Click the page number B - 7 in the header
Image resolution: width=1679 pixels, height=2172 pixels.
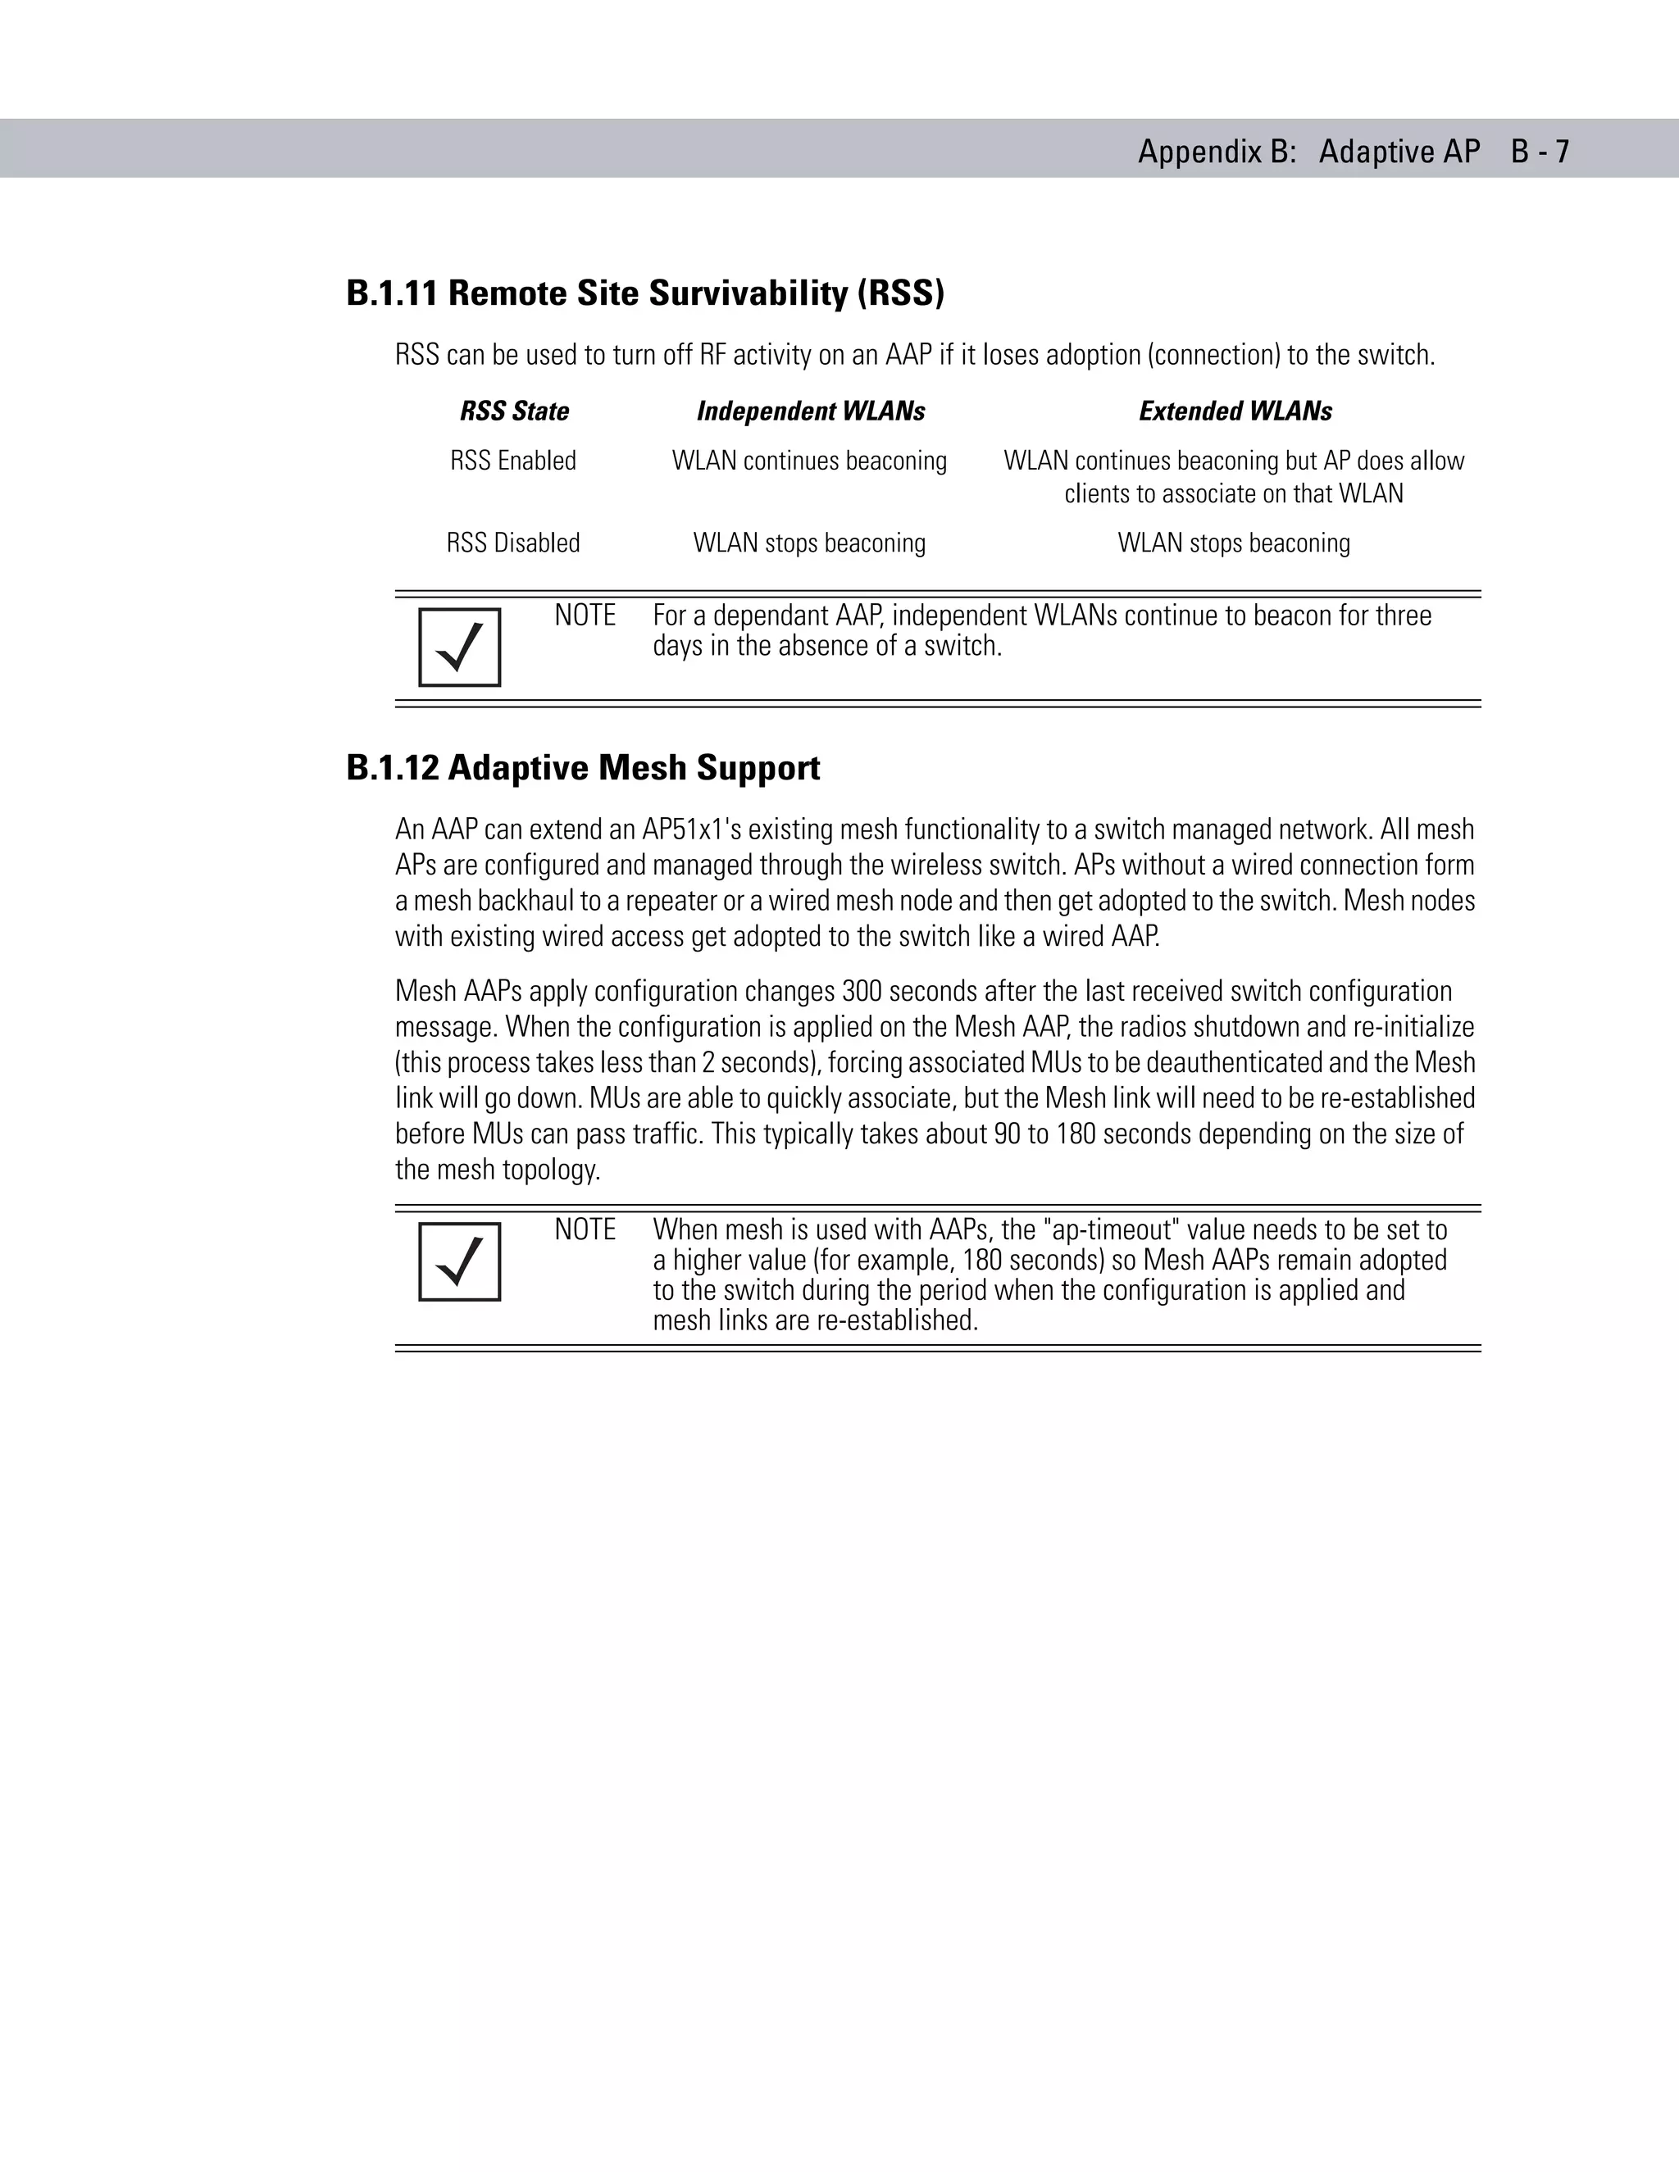1540,151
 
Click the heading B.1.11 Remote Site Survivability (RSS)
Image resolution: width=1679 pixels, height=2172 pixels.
644,293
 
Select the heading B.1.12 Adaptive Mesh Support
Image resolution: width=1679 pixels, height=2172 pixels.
583,768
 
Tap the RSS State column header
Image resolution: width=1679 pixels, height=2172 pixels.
514,411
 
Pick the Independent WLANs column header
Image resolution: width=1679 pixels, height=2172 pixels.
811,411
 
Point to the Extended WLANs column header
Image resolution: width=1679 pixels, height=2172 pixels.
1235,411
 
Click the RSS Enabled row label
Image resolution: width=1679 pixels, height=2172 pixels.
513,461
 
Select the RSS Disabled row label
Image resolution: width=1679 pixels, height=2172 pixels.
513,543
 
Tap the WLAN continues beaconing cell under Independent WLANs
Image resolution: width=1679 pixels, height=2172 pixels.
810,461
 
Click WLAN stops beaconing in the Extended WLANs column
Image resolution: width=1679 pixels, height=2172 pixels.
1233,543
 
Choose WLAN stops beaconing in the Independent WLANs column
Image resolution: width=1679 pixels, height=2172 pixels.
810,543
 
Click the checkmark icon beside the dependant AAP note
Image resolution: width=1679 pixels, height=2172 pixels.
460,648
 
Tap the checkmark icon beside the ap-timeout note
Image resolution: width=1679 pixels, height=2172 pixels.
460,1261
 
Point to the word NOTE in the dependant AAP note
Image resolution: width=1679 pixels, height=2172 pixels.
585,616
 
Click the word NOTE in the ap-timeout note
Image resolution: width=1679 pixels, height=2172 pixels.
585,1230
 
